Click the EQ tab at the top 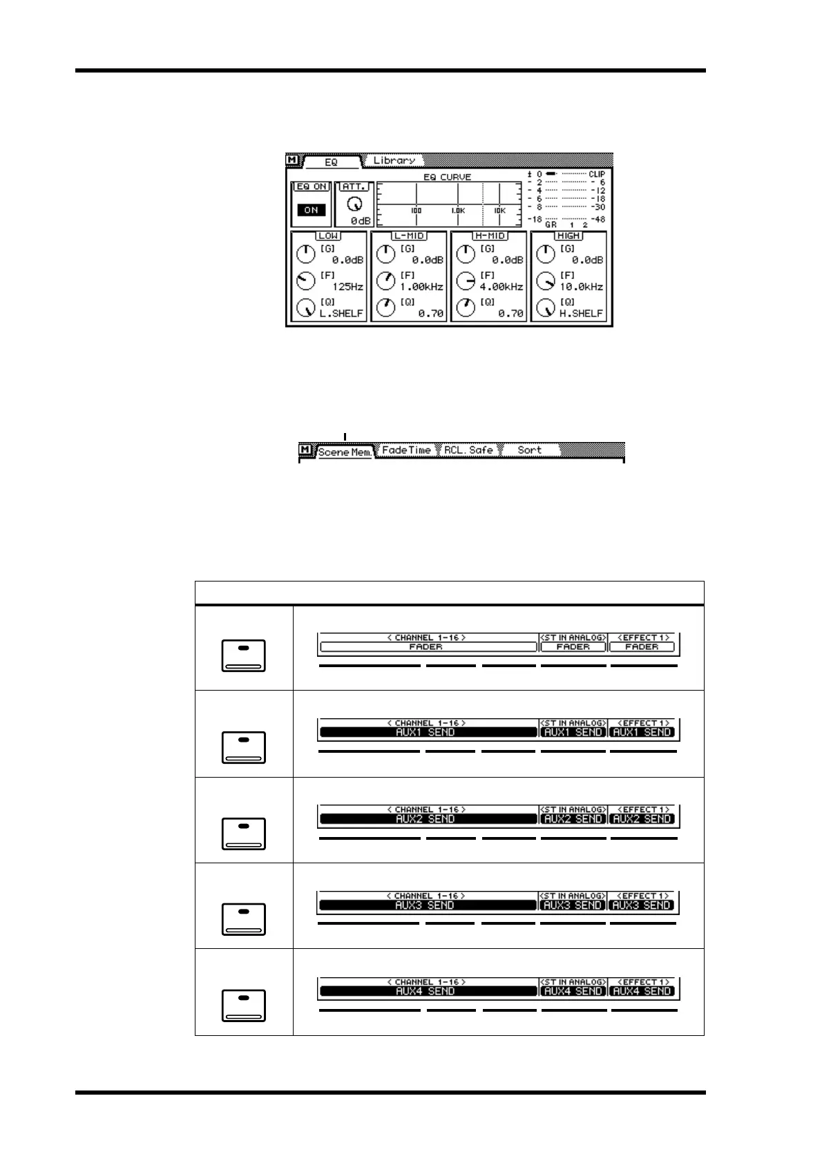(x=332, y=162)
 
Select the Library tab (x=394, y=160)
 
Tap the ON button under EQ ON (x=311, y=210)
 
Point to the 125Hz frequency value (x=347, y=287)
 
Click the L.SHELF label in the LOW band (x=341, y=313)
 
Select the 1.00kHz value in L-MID (x=421, y=287)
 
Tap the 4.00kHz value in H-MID (x=501, y=287)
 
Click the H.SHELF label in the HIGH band (x=581, y=313)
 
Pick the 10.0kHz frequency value (x=581, y=287)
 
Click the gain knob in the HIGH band (x=546, y=254)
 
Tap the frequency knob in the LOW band (x=305, y=280)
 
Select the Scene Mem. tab (x=345, y=452)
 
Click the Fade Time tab (x=406, y=450)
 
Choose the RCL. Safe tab (x=468, y=450)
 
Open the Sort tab (x=530, y=450)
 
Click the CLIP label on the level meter (x=597, y=174)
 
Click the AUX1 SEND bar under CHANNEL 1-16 (x=427, y=732)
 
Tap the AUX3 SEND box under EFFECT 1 (x=642, y=905)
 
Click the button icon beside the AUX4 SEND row (x=243, y=1005)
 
